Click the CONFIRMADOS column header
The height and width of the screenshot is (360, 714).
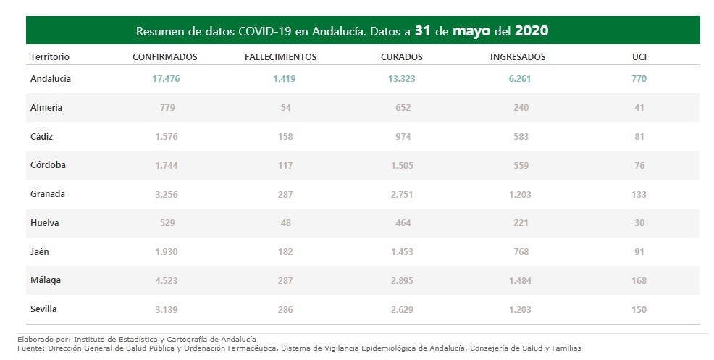tap(165, 56)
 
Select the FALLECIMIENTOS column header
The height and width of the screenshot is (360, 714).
tap(281, 56)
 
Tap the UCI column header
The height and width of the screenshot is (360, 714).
tap(639, 56)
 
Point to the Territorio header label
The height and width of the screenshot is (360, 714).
tap(50, 56)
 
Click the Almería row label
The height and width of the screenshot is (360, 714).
tap(46, 108)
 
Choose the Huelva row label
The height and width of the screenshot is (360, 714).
tap(45, 223)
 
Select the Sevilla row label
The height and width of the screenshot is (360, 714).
tap(44, 309)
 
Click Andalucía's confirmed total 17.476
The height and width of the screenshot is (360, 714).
tap(165, 79)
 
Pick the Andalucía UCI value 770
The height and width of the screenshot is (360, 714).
tap(639, 79)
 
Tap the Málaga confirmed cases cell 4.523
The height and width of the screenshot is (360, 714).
tap(165, 280)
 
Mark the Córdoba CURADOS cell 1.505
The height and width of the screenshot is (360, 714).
tap(401, 165)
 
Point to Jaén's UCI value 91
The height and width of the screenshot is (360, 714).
tap(639, 252)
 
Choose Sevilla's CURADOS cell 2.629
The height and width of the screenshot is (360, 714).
tap(401, 309)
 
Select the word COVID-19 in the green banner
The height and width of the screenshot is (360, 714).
tap(257, 32)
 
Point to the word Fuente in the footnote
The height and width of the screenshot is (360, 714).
tap(30, 348)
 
